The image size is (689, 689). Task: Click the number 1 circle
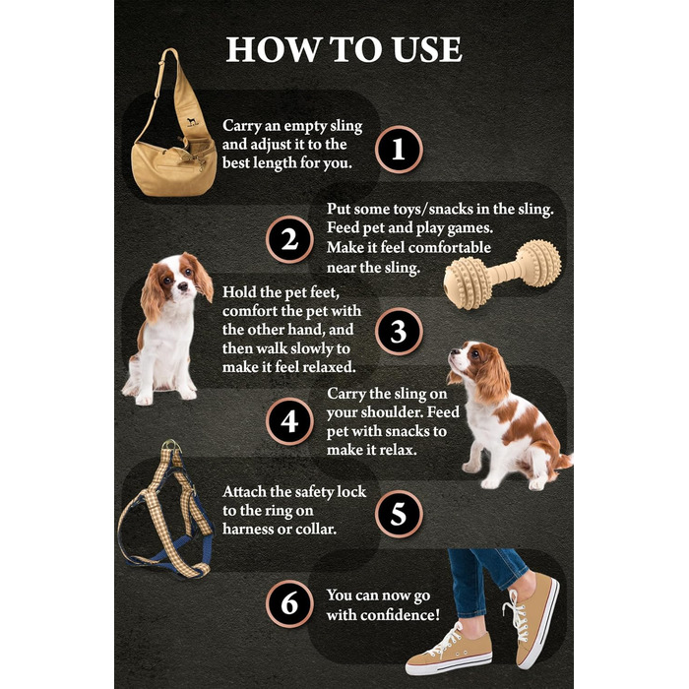(x=399, y=150)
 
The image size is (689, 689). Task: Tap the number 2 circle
(x=289, y=240)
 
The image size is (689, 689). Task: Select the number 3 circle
(x=399, y=332)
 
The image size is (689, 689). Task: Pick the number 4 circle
(x=289, y=421)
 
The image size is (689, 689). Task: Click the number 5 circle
(x=399, y=513)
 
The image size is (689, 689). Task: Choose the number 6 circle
(x=289, y=603)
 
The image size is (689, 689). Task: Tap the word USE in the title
(x=426, y=49)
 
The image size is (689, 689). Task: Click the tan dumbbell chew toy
(x=502, y=275)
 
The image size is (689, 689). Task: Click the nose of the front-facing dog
(x=182, y=287)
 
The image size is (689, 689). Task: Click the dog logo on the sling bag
(x=192, y=122)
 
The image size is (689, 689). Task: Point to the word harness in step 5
(x=246, y=530)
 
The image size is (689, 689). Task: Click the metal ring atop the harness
(x=172, y=445)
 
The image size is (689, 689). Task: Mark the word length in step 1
(x=275, y=163)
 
